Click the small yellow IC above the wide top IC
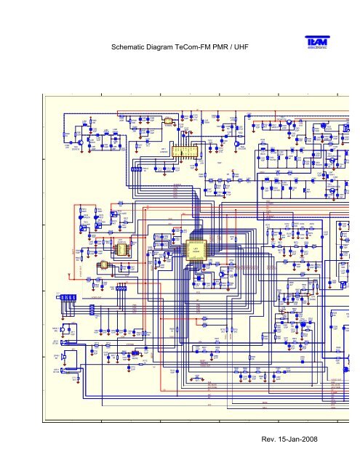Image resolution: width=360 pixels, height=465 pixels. (x=167, y=121)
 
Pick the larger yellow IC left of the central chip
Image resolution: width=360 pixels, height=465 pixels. (x=122, y=249)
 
